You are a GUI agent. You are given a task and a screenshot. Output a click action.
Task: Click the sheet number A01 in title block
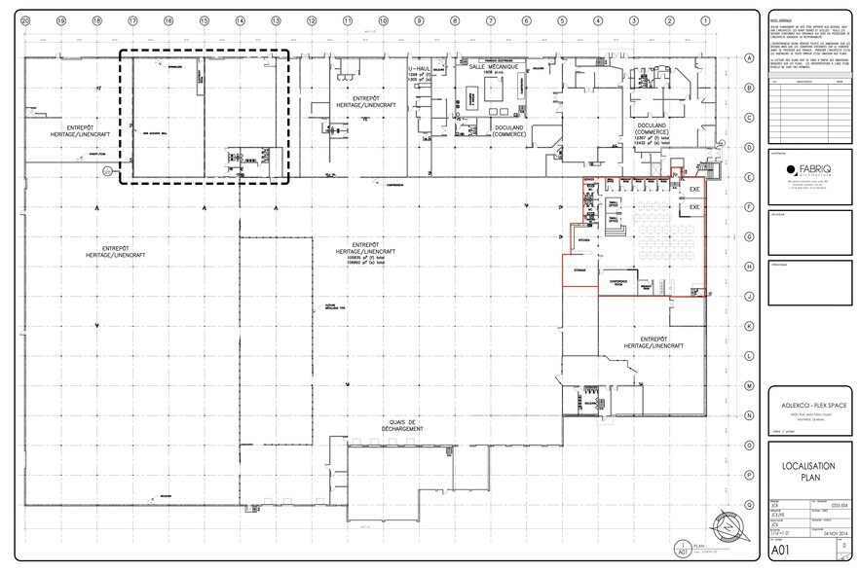tap(782, 550)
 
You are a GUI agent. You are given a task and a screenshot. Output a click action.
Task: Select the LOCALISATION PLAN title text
tap(804, 473)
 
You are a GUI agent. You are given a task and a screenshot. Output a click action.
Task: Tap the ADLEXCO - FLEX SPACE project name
tap(804, 396)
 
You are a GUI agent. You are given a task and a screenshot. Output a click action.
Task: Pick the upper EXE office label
tap(694, 189)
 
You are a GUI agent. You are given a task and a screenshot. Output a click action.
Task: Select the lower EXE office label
tap(694, 208)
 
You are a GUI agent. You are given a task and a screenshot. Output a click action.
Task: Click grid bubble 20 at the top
tap(25, 20)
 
